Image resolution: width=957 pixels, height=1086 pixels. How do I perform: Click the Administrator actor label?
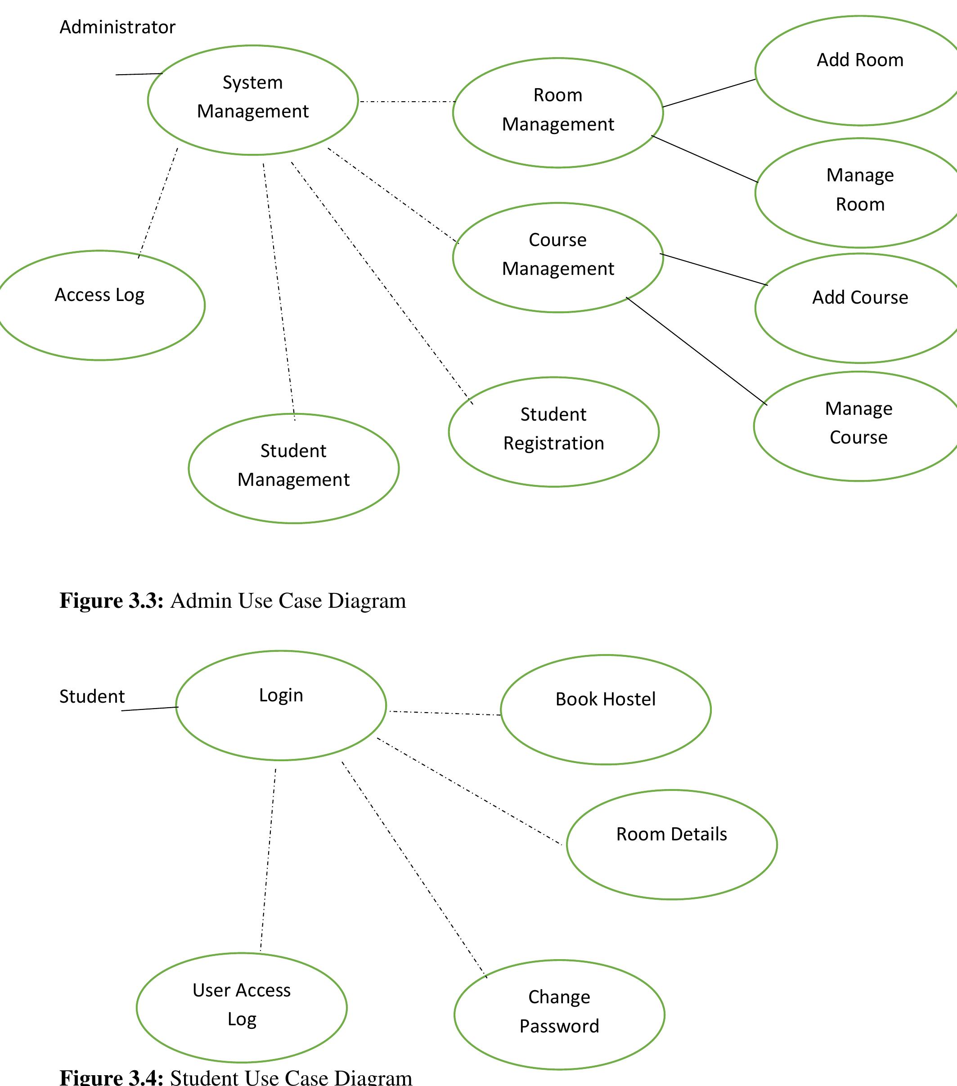click(117, 27)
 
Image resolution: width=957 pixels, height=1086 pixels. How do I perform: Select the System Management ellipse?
click(252, 100)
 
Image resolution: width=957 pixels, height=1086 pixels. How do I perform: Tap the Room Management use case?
click(557, 112)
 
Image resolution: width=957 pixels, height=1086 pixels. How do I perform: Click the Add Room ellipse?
click(860, 71)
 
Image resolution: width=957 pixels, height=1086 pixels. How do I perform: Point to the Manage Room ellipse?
click(860, 193)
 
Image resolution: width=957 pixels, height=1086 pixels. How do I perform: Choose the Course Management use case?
click(557, 257)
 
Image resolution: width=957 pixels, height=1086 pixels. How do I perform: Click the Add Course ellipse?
click(860, 308)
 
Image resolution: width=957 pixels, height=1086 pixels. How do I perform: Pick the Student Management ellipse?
click(293, 468)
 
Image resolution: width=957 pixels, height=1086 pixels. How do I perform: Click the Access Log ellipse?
click(100, 305)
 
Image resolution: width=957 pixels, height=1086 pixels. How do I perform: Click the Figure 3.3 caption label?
click(232, 601)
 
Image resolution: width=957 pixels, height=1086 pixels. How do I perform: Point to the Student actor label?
click(92, 696)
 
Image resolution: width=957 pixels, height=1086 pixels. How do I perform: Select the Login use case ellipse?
click(281, 705)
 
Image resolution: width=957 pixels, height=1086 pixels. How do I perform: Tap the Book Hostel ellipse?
click(605, 709)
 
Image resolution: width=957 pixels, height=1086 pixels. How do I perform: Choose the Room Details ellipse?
click(671, 844)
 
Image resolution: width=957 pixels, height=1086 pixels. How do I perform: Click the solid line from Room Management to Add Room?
click(709, 93)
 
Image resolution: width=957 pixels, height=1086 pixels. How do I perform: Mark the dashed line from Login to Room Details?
click(469, 791)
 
